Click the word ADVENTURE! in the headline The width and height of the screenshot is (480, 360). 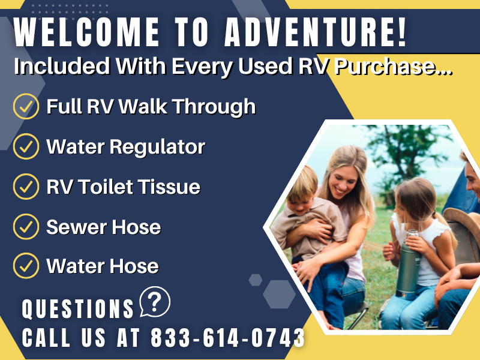pyautogui.click(x=316, y=32)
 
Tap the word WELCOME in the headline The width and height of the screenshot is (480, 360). pyautogui.click(x=86, y=32)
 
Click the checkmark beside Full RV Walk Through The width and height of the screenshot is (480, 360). pyautogui.click(x=26, y=106)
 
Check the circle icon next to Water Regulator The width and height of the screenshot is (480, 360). pyautogui.click(x=26, y=146)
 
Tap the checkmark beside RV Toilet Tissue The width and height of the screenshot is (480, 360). pyautogui.click(x=26, y=187)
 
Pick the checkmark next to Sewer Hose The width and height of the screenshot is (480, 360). pyautogui.click(x=26, y=227)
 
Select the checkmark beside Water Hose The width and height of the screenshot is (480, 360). pyautogui.click(x=26, y=266)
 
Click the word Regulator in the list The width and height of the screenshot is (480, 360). pyautogui.click(x=157, y=148)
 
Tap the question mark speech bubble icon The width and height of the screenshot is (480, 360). pyautogui.click(x=155, y=302)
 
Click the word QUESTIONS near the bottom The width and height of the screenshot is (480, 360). pyautogui.click(x=78, y=308)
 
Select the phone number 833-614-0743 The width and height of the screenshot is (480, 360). pyautogui.click(x=228, y=338)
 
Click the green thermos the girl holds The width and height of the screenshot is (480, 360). pyautogui.click(x=409, y=265)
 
